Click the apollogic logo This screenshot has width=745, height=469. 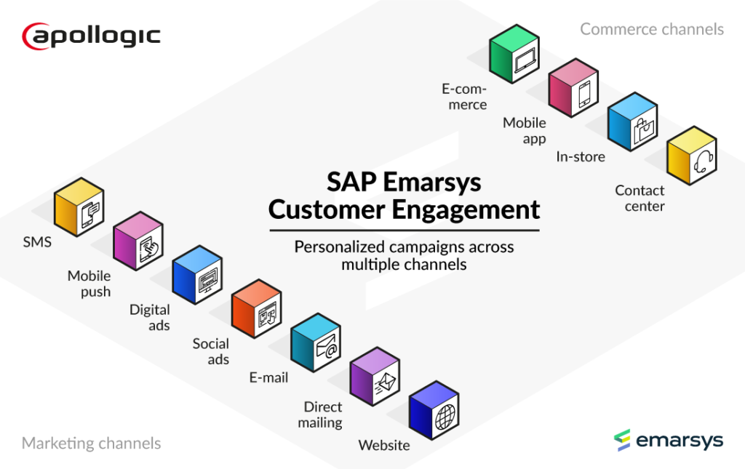(91, 35)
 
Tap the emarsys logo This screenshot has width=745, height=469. (668, 440)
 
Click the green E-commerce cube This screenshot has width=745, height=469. (514, 56)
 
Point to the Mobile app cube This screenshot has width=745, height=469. (573, 90)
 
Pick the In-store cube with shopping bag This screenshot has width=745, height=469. (632, 124)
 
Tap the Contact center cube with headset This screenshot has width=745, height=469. (692, 158)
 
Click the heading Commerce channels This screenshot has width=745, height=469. (651, 29)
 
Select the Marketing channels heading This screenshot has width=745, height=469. (91, 443)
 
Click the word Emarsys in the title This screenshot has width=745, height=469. (437, 182)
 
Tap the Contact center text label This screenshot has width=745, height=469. (640, 198)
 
